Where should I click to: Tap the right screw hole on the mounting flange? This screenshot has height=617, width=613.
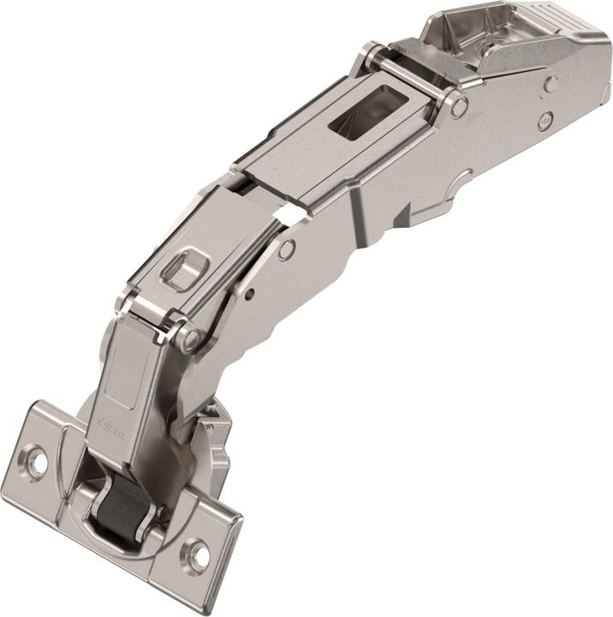(x=199, y=554)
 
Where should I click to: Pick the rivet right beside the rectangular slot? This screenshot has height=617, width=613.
(x=459, y=106)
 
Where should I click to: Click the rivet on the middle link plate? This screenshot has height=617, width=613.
(x=287, y=249)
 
